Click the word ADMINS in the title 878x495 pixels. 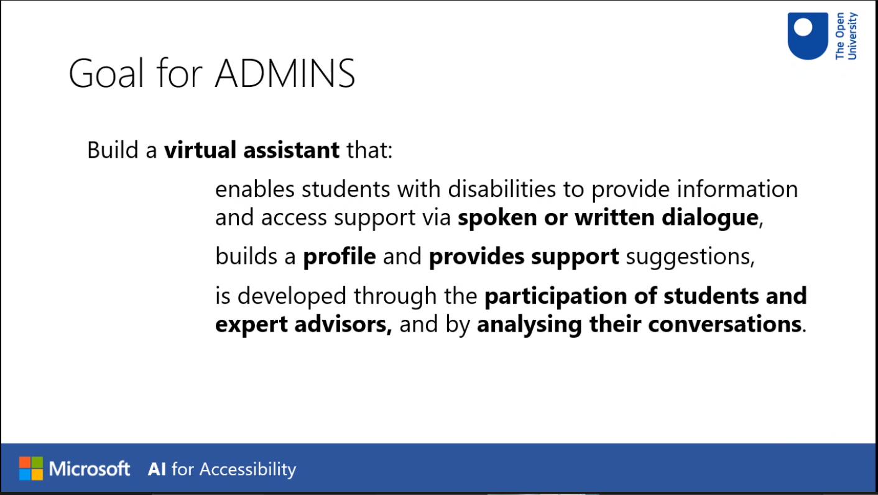(x=285, y=73)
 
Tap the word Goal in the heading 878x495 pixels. (x=106, y=73)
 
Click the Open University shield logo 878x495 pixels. (x=808, y=36)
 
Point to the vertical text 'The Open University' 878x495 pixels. (x=846, y=36)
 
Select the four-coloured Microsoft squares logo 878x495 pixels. (x=31, y=468)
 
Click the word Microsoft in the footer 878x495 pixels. (x=90, y=469)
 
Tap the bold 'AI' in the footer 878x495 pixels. (x=157, y=469)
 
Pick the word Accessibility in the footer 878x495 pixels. (x=247, y=470)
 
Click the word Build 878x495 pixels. (x=113, y=150)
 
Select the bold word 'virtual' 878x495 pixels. (x=200, y=150)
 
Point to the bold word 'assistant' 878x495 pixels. (x=291, y=150)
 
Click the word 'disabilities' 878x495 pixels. (x=502, y=189)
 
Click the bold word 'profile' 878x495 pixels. (x=340, y=257)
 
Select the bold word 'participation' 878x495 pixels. (x=556, y=296)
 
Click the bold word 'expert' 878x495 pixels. (x=252, y=325)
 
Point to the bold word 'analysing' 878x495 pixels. (x=529, y=325)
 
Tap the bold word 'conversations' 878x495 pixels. (x=725, y=325)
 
